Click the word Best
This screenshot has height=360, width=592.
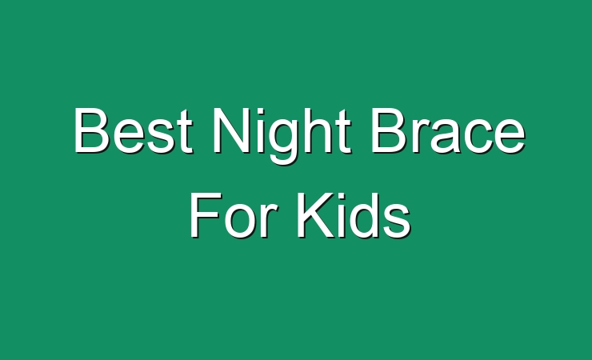(134, 130)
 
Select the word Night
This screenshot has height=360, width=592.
(282, 135)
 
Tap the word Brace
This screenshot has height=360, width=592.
(448, 130)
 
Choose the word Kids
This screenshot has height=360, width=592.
(354, 214)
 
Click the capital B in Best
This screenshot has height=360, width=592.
(92, 130)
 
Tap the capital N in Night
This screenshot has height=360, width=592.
(230, 130)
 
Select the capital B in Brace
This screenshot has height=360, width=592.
(389, 130)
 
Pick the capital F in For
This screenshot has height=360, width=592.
(206, 214)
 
